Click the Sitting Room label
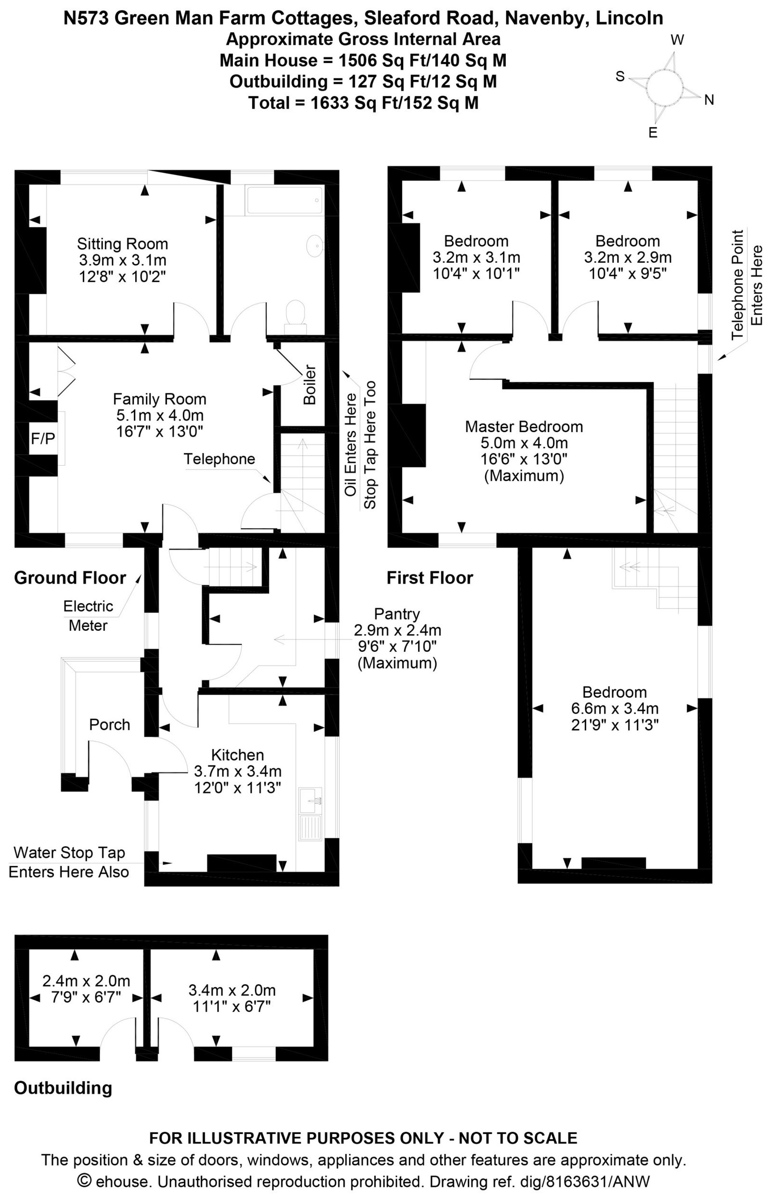click(x=123, y=244)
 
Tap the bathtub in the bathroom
click(x=285, y=201)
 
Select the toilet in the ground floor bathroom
click(x=295, y=317)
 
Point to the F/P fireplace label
click(x=43, y=438)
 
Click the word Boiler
click(x=310, y=385)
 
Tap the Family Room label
click(x=159, y=399)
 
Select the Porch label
click(x=110, y=724)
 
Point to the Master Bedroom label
click(x=524, y=426)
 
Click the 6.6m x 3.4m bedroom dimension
click(x=615, y=708)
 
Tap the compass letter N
click(x=709, y=100)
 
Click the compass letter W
click(x=678, y=40)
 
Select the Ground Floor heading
click(x=70, y=578)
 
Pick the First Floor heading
click(x=429, y=578)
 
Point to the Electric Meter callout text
click(x=88, y=616)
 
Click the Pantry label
click(x=397, y=614)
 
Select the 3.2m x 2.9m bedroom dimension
click(x=628, y=257)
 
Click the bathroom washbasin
click(x=316, y=246)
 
